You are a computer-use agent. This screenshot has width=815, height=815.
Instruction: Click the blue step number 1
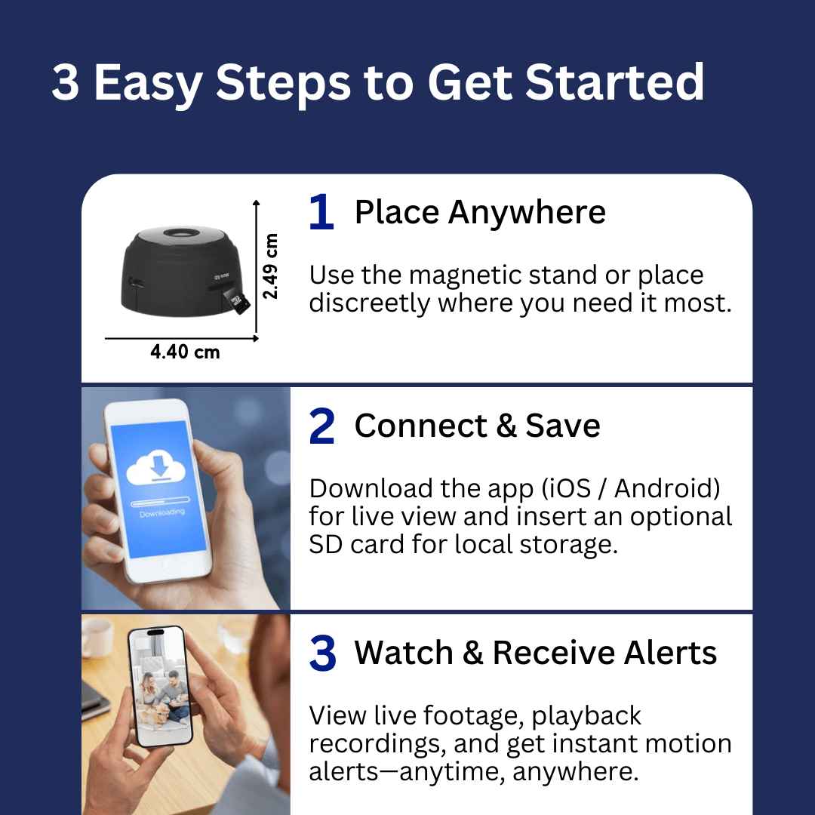pyautogui.click(x=321, y=212)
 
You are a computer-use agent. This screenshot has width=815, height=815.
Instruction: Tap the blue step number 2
pyautogui.click(x=321, y=426)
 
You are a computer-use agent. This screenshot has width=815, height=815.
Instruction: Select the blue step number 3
pyautogui.click(x=322, y=653)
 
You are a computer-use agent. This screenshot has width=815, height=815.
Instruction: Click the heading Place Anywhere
pyautogui.click(x=480, y=213)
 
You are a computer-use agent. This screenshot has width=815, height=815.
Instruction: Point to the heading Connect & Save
pyautogui.click(x=477, y=426)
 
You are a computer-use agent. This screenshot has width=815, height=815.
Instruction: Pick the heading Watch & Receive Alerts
pyautogui.click(x=535, y=653)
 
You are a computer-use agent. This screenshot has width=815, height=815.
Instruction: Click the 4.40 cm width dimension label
pyautogui.click(x=185, y=352)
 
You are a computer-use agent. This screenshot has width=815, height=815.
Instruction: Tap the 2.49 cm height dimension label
pyautogui.click(x=269, y=266)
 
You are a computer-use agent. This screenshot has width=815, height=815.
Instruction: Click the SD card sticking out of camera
pyautogui.click(x=235, y=301)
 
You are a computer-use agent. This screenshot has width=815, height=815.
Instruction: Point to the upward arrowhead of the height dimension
pyautogui.click(x=256, y=203)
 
